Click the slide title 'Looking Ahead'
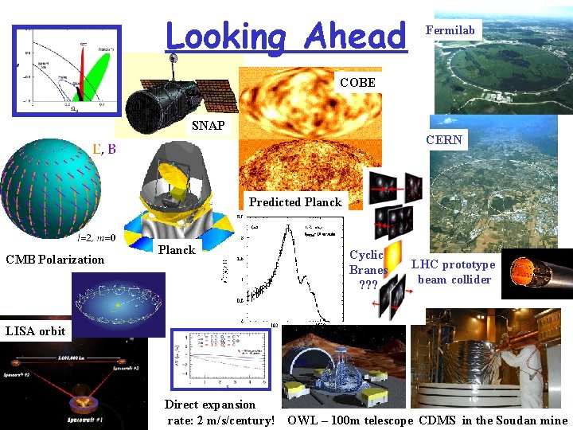tap(286, 36)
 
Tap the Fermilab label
tap(450, 30)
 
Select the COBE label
tap(357, 82)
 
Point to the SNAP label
tap(209, 126)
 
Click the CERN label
tap(444, 139)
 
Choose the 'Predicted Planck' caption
tap(295, 201)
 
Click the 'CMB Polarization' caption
tap(55, 259)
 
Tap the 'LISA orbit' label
tap(36, 330)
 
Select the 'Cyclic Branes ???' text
tap(368, 270)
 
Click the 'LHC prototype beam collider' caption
tap(453, 272)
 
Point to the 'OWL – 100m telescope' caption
tap(350, 420)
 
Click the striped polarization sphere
tap(52, 187)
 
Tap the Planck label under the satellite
tap(177, 250)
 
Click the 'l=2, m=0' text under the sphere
tap(96, 237)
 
